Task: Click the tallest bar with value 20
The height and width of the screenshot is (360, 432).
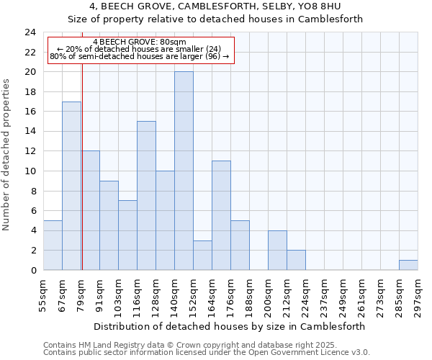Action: coord(184,171)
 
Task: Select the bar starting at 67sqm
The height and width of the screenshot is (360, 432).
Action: coord(71,186)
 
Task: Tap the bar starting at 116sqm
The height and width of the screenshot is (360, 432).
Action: coord(146,195)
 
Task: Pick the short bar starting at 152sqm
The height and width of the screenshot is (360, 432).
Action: coord(202,255)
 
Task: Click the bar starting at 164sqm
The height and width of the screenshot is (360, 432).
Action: coord(221,215)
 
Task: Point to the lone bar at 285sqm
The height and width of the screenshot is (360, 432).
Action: coord(408,265)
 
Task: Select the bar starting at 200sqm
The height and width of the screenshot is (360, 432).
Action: coord(277,250)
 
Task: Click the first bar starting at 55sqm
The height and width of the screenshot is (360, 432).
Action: coord(53,245)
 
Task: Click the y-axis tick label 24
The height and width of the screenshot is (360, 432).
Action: coord(30,32)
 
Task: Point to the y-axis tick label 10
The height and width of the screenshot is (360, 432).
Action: coord(30,171)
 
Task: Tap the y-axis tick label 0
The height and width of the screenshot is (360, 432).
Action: coord(33,270)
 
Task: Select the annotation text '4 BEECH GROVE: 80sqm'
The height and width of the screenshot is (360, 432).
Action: coord(140,42)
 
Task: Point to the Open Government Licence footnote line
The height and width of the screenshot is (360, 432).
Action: coord(207,353)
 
